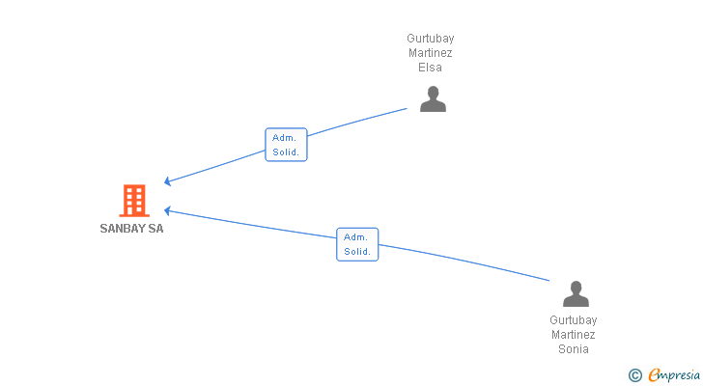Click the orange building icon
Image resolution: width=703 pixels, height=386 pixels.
coord(133,200)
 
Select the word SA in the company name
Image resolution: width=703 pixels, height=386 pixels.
coord(155,229)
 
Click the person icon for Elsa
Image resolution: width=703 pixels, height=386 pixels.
coord(433,98)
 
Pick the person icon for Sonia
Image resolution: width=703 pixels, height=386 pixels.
coord(576,293)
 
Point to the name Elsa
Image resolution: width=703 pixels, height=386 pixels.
coord(430,68)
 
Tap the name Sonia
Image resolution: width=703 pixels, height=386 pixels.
coord(574,349)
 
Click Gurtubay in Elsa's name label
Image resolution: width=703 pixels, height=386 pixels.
coord(430,39)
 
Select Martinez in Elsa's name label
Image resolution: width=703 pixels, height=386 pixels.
coord(430,53)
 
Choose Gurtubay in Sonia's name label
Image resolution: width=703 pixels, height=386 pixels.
coord(574,320)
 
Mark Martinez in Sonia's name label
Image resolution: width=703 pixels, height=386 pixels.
coord(574,335)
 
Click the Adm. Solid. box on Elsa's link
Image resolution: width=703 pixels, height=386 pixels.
coord(286,145)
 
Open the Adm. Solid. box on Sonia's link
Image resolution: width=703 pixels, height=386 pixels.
coord(357,244)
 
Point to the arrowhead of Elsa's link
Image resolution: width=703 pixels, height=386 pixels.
coord(168,180)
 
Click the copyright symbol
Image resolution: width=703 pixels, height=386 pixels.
coord(634,374)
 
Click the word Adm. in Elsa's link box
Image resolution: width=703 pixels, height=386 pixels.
coord(284,138)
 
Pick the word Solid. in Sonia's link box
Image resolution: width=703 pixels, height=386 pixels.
coord(357,252)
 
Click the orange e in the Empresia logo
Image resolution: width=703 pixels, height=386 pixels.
coord(654,374)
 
